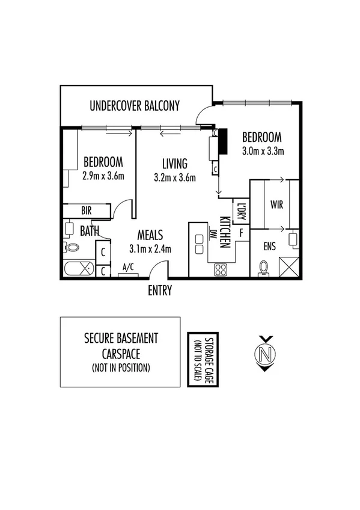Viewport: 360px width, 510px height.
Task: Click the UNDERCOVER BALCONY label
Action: click(x=135, y=106)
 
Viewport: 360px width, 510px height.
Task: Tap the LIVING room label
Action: click(x=175, y=164)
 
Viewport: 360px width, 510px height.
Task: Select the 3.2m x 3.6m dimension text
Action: click(x=175, y=177)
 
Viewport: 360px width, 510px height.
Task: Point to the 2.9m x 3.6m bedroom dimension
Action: click(x=103, y=177)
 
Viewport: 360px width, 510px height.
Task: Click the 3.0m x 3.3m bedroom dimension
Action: click(x=263, y=150)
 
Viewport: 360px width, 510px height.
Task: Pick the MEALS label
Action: click(x=150, y=235)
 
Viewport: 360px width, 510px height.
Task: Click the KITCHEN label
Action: click(x=225, y=232)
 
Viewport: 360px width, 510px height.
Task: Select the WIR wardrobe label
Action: click(x=277, y=205)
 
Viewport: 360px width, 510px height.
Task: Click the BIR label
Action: click(x=87, y=210)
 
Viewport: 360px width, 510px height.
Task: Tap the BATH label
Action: click(x=90, y=230)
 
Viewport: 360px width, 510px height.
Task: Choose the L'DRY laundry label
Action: click(x=241, y=211)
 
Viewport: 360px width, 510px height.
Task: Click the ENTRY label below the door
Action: click(x=160, y=291)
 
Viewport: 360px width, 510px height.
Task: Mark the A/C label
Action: click(x=128, y=267)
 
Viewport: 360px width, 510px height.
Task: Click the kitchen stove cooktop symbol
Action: click(x=221, y=269)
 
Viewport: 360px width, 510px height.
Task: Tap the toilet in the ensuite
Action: click(x=263, y=268)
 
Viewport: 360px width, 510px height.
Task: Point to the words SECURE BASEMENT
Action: click(x=120, y=339)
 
